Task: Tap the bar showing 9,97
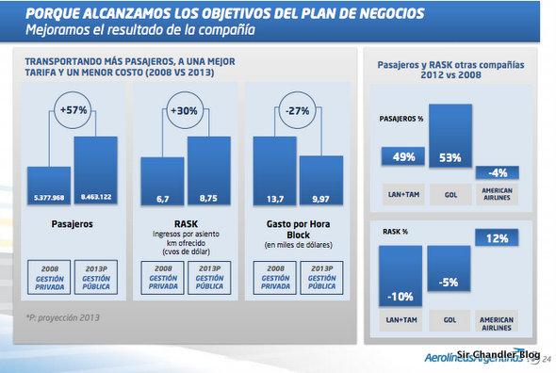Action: click(x=321, y=179)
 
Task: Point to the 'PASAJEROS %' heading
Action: click(x=402, y=122)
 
